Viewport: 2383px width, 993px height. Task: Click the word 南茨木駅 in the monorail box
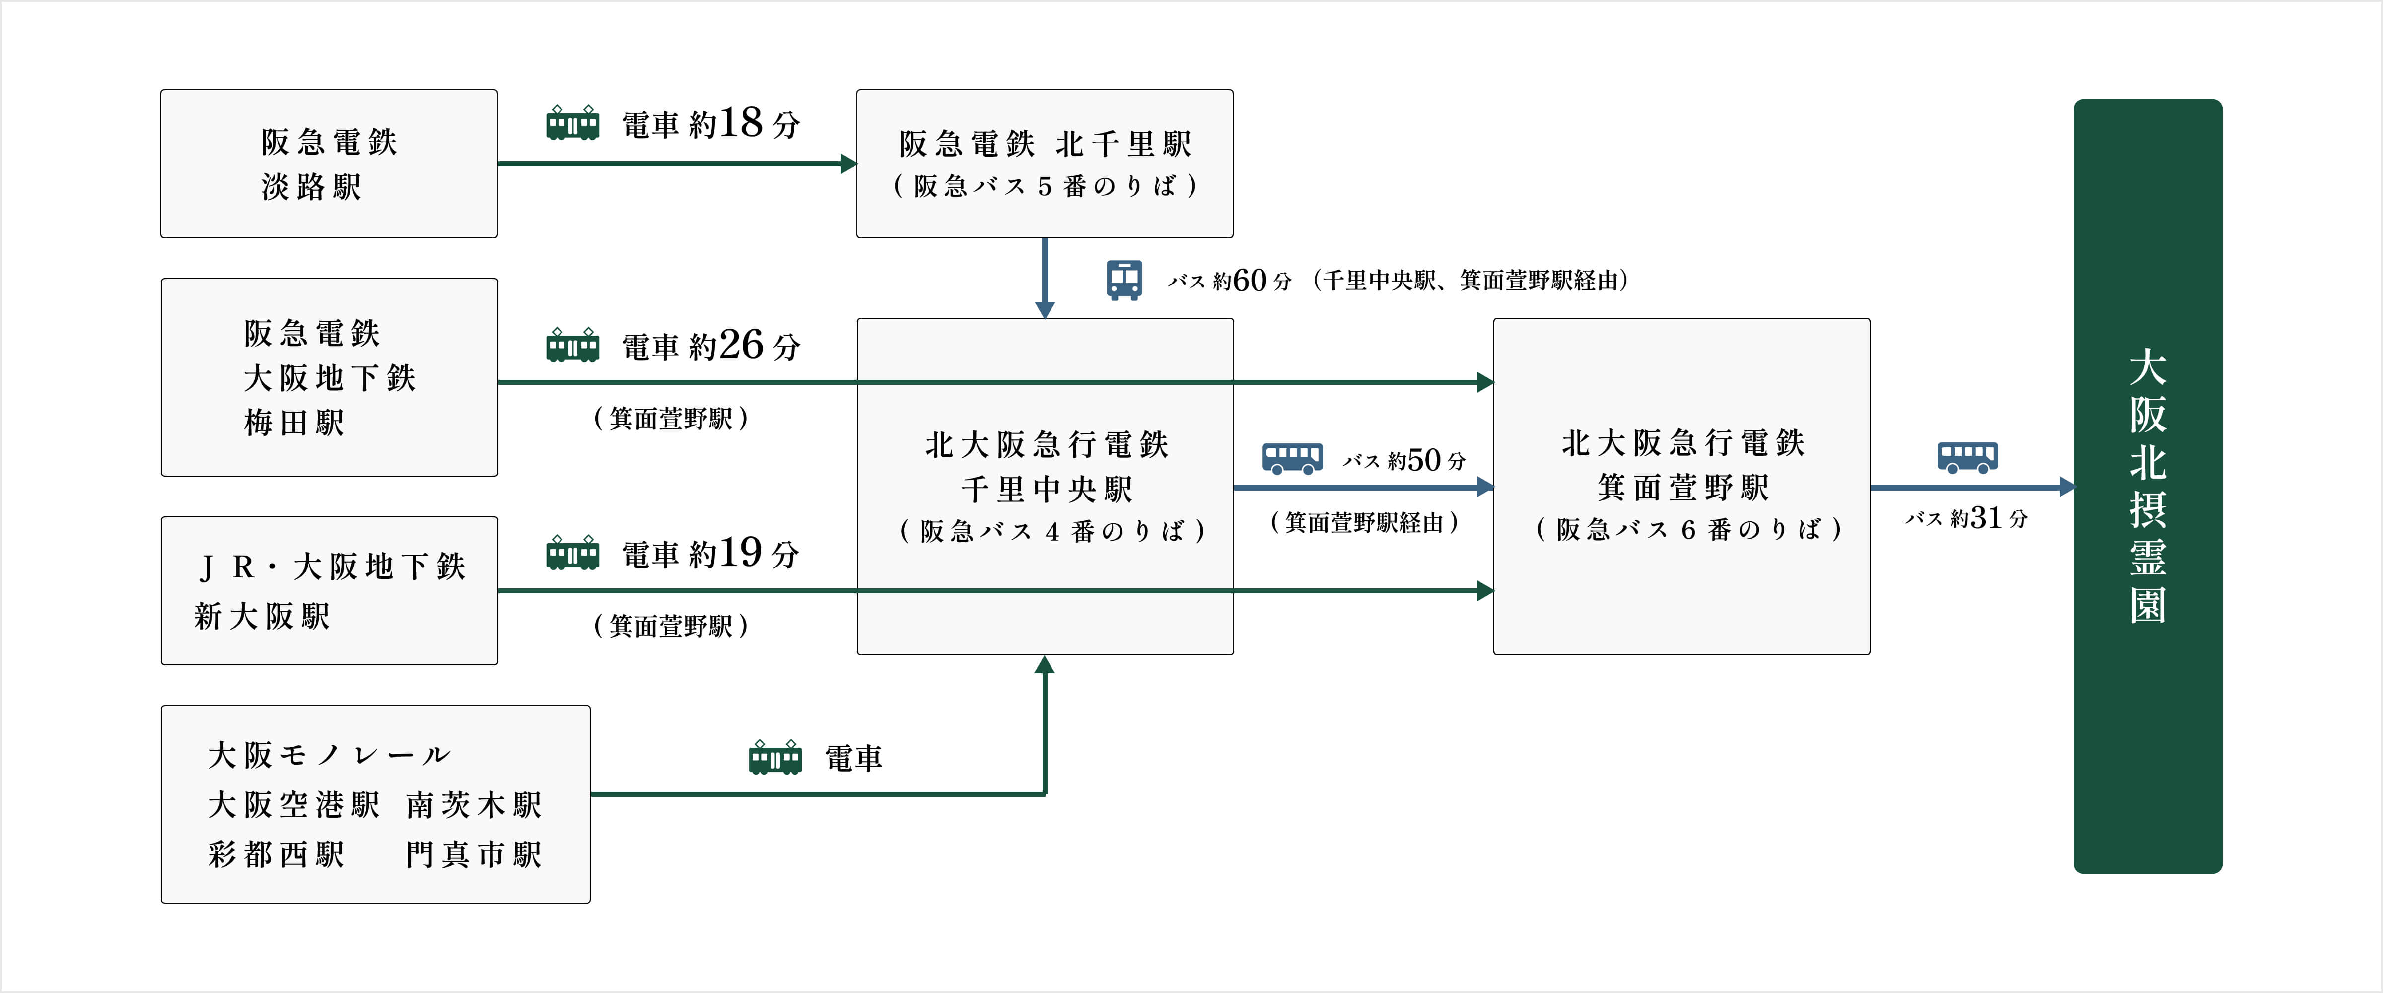pos(474,805)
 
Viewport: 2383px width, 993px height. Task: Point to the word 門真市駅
pos(474,854)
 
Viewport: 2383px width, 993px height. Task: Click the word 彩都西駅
pos(276,854)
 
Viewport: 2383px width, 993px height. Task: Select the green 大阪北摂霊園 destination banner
pos(2147,486)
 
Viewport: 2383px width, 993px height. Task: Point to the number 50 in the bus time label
pos(1424,460)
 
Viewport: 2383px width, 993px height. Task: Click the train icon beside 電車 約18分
pos(572,123)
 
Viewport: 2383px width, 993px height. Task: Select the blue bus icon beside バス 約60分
pos(1124,280)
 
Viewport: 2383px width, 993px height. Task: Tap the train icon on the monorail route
pos(774,758)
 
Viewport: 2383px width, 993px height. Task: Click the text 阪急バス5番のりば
pos(1046,186)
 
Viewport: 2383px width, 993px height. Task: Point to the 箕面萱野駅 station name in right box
pos(1682,487)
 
